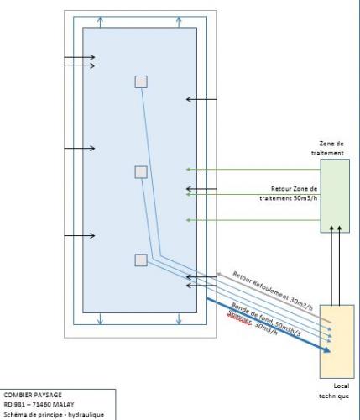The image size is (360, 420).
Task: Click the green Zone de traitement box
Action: point(335,196)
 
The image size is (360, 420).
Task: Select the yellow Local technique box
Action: point(337,342)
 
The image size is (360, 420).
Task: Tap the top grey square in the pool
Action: point(141,81)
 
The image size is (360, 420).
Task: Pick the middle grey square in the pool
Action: point(141,172)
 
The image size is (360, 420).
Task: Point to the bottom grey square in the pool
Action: point(141,260)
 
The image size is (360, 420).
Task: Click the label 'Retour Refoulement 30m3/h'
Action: point(273,291)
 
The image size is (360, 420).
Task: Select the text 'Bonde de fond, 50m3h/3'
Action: point(266,319)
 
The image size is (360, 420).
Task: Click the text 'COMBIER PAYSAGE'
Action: point(33,395)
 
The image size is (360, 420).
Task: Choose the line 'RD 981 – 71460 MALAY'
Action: point(39,405)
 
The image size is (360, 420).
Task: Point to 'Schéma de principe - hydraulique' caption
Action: point(54,415)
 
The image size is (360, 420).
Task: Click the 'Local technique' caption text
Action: point(334,391)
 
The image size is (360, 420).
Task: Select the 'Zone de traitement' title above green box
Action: point(327,149)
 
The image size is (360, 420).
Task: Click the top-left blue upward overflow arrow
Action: point(100,22)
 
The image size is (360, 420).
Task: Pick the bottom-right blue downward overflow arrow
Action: point(179,318)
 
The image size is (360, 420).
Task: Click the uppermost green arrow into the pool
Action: point(253,170)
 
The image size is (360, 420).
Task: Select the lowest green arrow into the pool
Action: point(253,220)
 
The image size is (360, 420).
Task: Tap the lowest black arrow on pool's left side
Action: point(80,236)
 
